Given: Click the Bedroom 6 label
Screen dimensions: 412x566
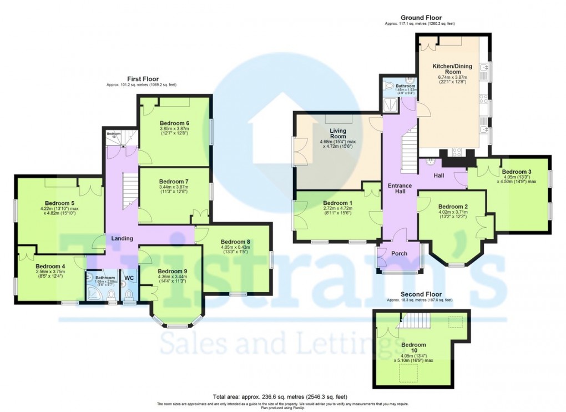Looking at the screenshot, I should pyautogui.click(x=174, y=123).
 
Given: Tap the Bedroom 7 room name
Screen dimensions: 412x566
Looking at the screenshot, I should pyautogui.click(x=174, y=182).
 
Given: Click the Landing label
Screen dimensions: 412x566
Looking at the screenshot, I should pyautogui.click(x=122, y=238).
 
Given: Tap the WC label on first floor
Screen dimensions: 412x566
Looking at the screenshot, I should pyautogui.click(x=129, y=278).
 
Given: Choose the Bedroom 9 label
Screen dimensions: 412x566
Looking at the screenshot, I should pyautogui.click(x=171, y=271).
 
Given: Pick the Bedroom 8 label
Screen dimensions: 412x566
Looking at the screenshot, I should pyautogui.click(x=236, y=242).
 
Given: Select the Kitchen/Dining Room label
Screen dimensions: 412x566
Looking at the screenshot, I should pyautogui.click(x=452, y=69).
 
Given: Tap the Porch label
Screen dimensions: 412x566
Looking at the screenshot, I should pyautogui.click(x=399, y=254).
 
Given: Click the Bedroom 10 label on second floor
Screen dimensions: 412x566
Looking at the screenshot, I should pyautogui.click(x=415, y=345).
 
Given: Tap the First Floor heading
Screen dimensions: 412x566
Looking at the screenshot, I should pyautogui.click(x=141, y=79).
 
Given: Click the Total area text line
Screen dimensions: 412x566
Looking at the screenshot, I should pyautogui.click(x=280, y=396).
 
